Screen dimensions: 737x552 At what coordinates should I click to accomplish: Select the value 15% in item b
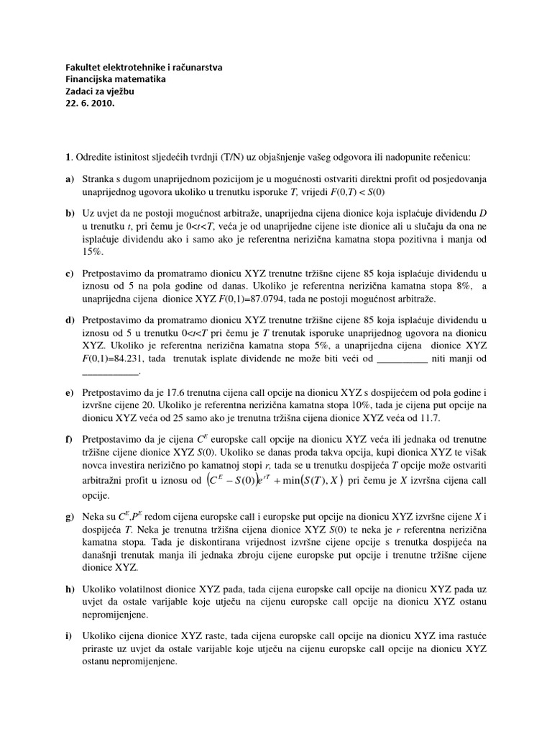tap(94, 252)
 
